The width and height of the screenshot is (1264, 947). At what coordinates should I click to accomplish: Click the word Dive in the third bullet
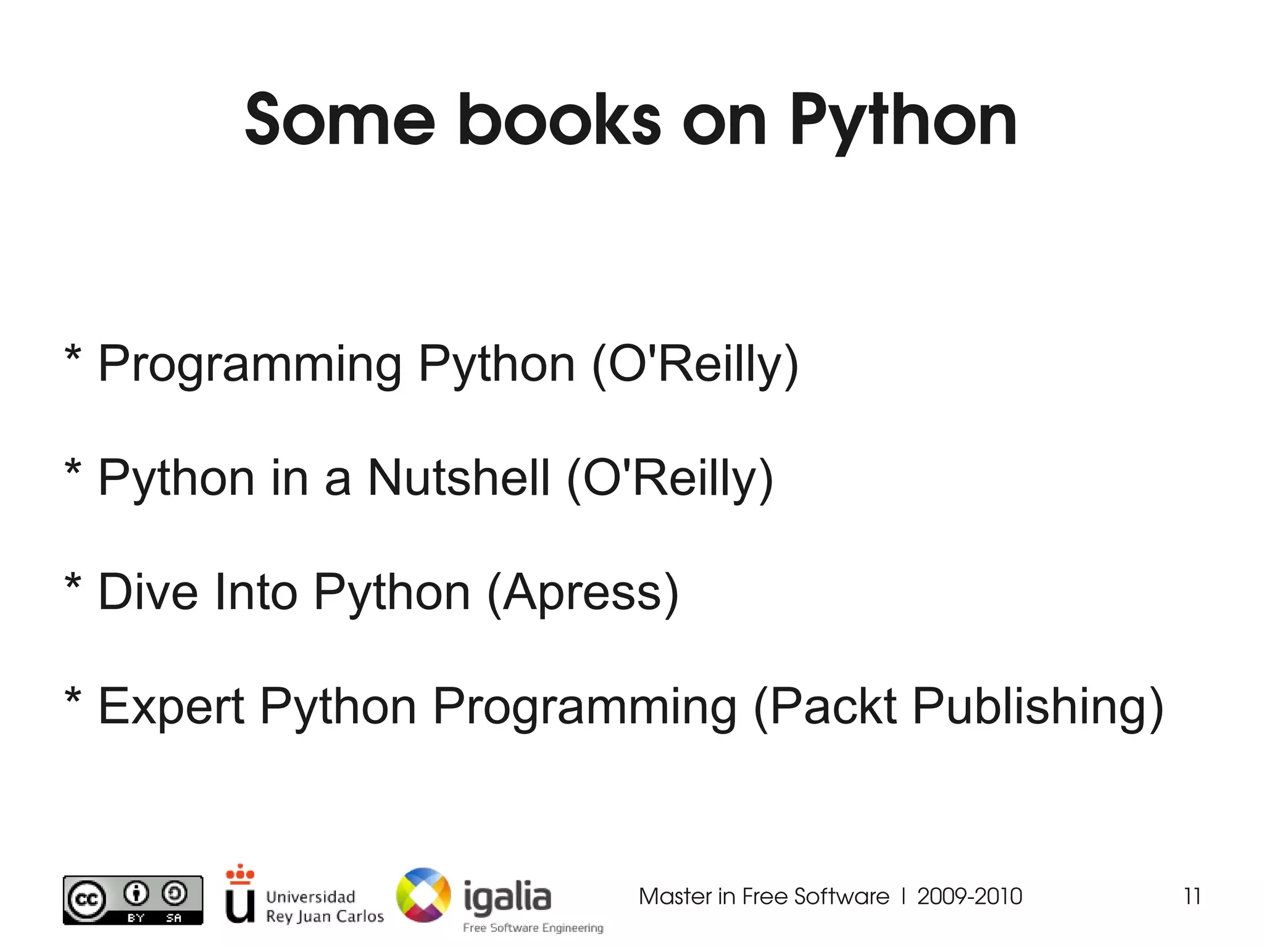click(x=148, y=592)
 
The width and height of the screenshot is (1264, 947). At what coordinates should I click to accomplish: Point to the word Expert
click(x=171, y=706)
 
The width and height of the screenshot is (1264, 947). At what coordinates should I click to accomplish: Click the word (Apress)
click(x=583, y=592)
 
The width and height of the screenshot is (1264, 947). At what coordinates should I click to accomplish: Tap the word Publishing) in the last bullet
click(x=1037, y=706)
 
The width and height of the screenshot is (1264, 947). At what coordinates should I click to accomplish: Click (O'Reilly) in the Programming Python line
click(x=695, y=364)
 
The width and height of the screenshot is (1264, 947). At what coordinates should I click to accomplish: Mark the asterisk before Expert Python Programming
click(x=73, y=698)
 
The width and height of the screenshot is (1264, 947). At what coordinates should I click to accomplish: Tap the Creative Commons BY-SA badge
click(x=133, y=900)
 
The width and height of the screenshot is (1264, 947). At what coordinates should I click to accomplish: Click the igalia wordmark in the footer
click(x=507, y=898)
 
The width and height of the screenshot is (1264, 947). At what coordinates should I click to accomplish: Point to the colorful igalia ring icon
click(x=423, y=895)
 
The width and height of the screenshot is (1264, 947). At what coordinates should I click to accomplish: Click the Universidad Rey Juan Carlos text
click(x=324, y=906)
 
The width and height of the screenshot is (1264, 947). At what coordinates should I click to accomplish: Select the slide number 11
click(x=1192, y=896)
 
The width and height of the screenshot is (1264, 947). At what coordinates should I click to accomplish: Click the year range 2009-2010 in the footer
click(x=970, y=896)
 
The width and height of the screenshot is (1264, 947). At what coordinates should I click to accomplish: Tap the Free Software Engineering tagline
click(x=533, y=928)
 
